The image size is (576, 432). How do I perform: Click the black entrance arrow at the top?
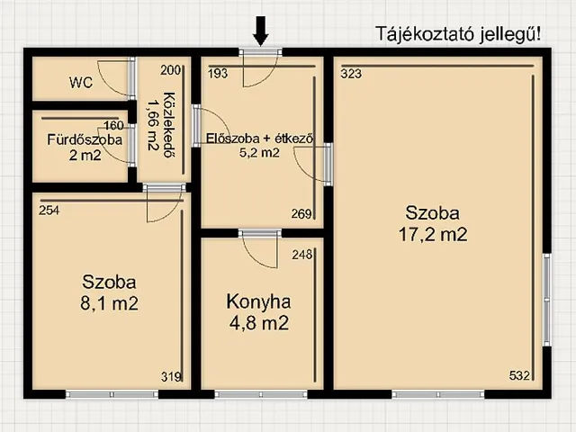coord(261,32)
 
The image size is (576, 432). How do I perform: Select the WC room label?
coord(81,83)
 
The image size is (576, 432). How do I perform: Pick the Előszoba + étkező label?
coord(259,139)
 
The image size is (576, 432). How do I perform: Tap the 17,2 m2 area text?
coord(436,236)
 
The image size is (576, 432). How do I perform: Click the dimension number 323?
coord(351,73)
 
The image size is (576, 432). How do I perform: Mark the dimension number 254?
coord(49,210)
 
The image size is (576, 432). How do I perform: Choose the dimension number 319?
coord(170,376)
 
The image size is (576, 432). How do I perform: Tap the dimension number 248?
coord(301,255)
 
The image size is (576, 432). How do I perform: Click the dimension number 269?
coord(301,214)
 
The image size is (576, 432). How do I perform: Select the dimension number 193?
coord(217,73)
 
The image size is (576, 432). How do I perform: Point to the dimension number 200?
coord(170,69)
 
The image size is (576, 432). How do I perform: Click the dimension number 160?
coord(113,125)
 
